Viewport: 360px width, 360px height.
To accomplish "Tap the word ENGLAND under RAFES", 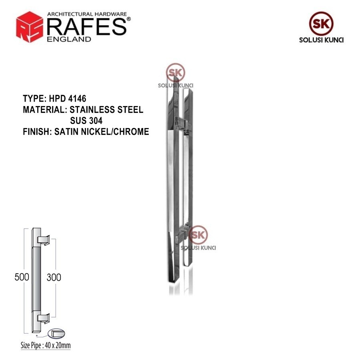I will pyautogui.click(x=69, y=39).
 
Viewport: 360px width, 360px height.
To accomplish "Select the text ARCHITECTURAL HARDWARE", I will pyautogui.click(x=87, y=14).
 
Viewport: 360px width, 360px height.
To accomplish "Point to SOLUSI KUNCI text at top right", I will pyautogui.click(x=321, y=40).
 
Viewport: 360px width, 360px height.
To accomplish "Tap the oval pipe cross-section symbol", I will pyautogui.click(x=56, y=333).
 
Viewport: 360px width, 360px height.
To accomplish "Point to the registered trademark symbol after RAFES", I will pyautogui.click(x=128, y=19).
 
